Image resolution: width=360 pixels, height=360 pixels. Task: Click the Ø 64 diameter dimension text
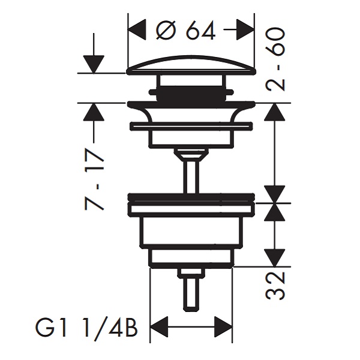(x=185, y=30)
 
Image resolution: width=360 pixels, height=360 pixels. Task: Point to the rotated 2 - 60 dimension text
(x=275, y=59)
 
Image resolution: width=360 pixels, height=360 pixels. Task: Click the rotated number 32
(x=275, y=286)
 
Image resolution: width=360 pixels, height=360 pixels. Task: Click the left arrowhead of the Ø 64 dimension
(x=137, y=30)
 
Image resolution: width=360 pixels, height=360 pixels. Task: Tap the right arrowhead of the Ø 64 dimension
(x=245, y=30)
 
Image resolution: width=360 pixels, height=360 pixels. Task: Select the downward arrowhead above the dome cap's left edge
(x=94, y=64)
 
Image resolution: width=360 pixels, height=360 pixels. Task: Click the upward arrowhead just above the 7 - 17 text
(x=94, y=112)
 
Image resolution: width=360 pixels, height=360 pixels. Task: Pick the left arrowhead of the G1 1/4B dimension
(x=159, y=327)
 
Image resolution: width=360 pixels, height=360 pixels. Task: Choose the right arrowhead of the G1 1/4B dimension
(x=223, y=327)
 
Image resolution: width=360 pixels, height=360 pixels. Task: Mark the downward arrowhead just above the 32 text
(x=275, y=258)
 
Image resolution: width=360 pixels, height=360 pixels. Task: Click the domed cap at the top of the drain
(x=191, y=65)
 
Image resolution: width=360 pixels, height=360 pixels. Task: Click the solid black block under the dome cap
(x=191, y=94)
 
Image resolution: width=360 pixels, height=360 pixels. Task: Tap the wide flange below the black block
(x=191, y=105)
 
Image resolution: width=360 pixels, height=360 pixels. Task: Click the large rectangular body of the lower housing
(x=191, y=232)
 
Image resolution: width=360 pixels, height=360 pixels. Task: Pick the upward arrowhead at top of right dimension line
(x=275, y=112)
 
